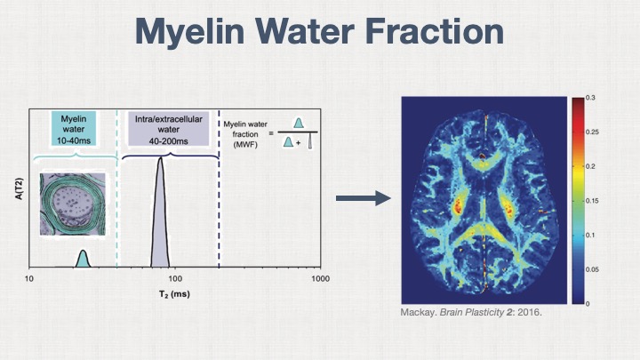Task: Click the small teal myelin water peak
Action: pos(83,260)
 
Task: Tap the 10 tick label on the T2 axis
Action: pos(29,280)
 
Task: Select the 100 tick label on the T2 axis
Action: pos(175,280)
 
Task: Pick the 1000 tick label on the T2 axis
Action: pos(319,280)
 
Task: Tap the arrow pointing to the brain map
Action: pos(364,197)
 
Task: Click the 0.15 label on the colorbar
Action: pos(593,201)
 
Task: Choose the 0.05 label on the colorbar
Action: pos(593,269)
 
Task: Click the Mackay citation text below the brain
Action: pos(471,314)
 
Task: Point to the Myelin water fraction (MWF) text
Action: pos(244,132)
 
